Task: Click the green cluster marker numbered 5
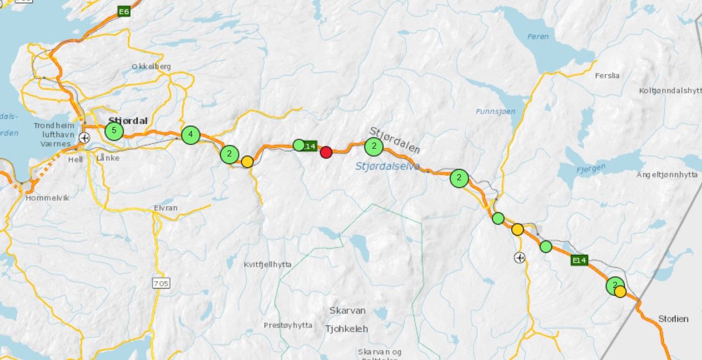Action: [x=114, y=131]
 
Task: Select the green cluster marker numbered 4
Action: [x=190, y=134]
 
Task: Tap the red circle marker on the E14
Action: [x=326, y=152]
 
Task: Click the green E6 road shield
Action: [x=124, y=11]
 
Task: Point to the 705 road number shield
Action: [x=161, y=283]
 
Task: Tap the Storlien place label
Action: [x=673, y=319]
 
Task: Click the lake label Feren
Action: [x=538, y=37]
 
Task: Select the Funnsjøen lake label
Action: [x=495, y=111]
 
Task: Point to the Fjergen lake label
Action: [x=589, y=169]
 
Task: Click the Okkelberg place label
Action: [x=151, y=67]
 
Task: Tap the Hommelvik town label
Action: [x=48, y=197]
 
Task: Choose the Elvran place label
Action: [x=165, y=208]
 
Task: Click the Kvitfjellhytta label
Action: [x=267, y=264]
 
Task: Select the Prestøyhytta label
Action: [x=288, y=325]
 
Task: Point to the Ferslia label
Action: [x=607, y=75]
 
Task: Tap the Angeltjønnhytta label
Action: [x=666, y=175]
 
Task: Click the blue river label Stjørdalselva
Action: [x=387, y=165]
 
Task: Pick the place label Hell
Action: [x=75, y=159]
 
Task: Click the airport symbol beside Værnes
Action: [x=84, y=138]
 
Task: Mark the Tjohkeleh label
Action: [x=346, y=329]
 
